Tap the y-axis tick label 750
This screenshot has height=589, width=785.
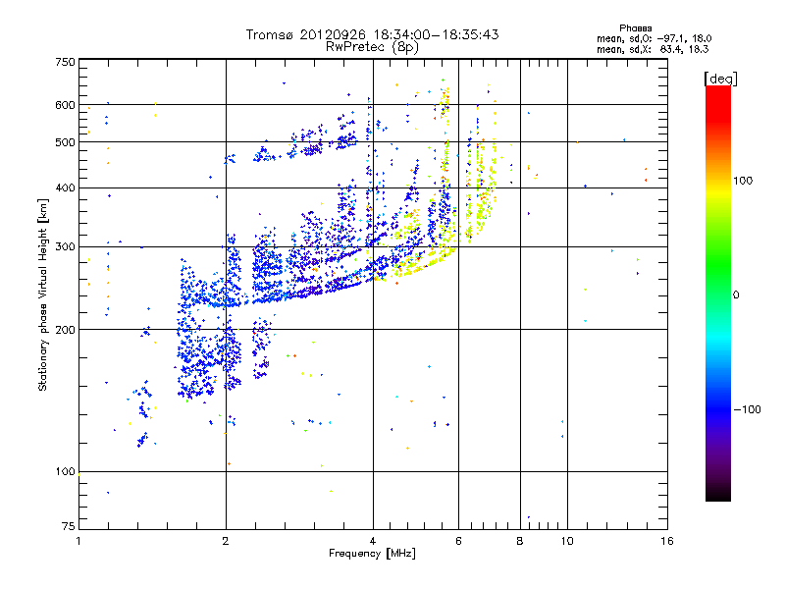(65, 62)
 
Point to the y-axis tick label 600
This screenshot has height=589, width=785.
(65, 105)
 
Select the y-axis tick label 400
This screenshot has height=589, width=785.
(65, 187)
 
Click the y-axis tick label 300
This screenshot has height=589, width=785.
(65, 246)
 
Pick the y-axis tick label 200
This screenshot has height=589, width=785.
(65, 329)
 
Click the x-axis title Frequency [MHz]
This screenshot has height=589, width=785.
(373, 555)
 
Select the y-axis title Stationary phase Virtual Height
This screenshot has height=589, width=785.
(43, 294)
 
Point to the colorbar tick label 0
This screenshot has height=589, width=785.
(737, 294)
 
